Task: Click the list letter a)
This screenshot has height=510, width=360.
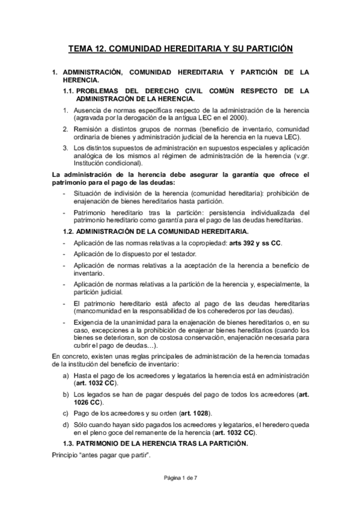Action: [66, 376]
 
